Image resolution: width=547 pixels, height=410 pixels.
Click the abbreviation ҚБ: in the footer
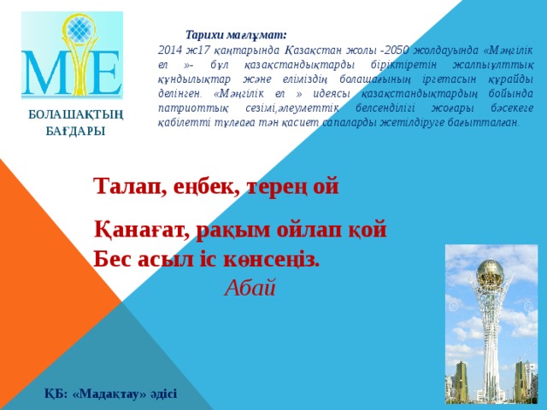[56, 393]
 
